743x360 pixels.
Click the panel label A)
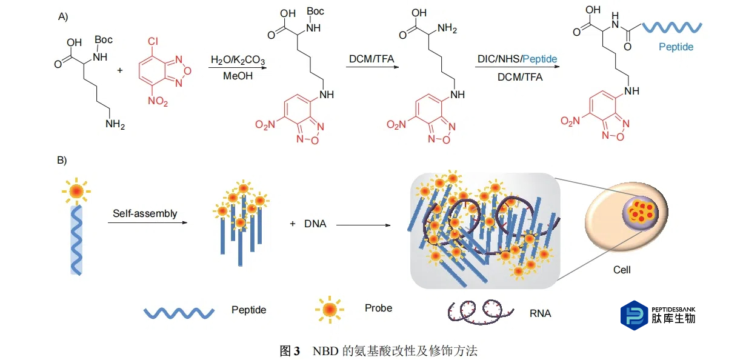63,16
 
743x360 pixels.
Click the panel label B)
63,161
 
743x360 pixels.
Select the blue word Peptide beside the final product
676,46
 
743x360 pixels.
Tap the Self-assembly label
145,213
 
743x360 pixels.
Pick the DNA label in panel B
315,224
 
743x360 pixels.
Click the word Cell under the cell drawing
622,269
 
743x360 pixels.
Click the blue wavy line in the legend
179,312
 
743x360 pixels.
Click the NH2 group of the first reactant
115,124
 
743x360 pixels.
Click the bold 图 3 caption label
289,350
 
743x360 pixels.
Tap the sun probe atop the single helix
76,191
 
